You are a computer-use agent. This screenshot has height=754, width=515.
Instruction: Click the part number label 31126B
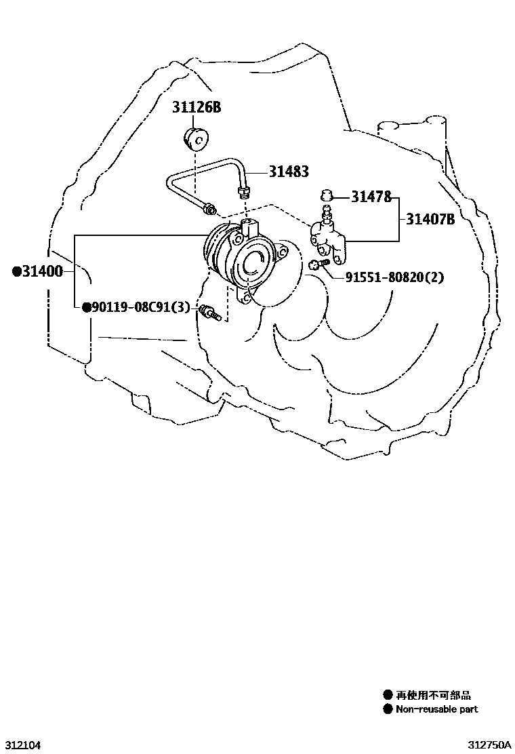coord(197,107)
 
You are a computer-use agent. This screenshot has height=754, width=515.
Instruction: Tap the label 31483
coord(289,172)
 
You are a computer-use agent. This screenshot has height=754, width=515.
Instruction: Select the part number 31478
coord(371,197)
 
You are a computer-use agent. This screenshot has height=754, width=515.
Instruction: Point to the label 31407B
coord(431,219)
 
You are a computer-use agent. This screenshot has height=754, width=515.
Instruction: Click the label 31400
coord(42,272)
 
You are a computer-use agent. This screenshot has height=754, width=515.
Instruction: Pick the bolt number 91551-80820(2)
coord(395,277)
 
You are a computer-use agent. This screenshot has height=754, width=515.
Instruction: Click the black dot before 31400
coord(17,272)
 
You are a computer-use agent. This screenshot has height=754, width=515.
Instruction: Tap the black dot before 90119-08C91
coord(87,308)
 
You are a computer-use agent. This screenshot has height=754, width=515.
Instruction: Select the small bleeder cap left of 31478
coord(326,195)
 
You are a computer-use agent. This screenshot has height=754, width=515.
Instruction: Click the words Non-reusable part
coord(437,709)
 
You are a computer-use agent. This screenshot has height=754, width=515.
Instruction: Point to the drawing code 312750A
coord(489,745)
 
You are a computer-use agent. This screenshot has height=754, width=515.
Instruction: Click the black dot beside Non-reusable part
coord(388,709)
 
